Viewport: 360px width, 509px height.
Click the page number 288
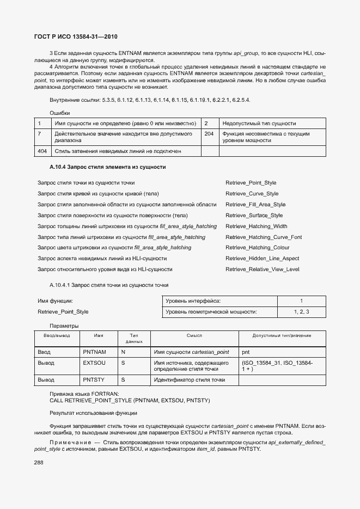pos(39,463)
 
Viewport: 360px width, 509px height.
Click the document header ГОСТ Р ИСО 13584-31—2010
pos(75,36)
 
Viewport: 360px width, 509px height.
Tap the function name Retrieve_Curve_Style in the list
pos(252,194)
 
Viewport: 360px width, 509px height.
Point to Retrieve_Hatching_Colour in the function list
pos(258,248)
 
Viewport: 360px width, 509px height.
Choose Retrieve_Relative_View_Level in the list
pos(262,269)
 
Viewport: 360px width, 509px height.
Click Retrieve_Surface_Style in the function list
pos(254,216)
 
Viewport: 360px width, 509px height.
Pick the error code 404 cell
pos(42,151)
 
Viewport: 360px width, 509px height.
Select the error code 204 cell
pos(209,133)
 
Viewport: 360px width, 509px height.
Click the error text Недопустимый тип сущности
pos(259,124)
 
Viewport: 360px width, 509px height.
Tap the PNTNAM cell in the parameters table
pos(94,352)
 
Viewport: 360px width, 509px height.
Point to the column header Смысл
pos(194,336)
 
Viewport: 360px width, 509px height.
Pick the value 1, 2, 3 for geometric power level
pos(301,312)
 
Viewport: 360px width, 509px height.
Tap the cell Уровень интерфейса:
pos(193,301)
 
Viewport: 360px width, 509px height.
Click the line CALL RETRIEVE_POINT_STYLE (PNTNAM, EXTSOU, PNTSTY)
pos(129,401)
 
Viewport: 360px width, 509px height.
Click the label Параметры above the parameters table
pos(64,326)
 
